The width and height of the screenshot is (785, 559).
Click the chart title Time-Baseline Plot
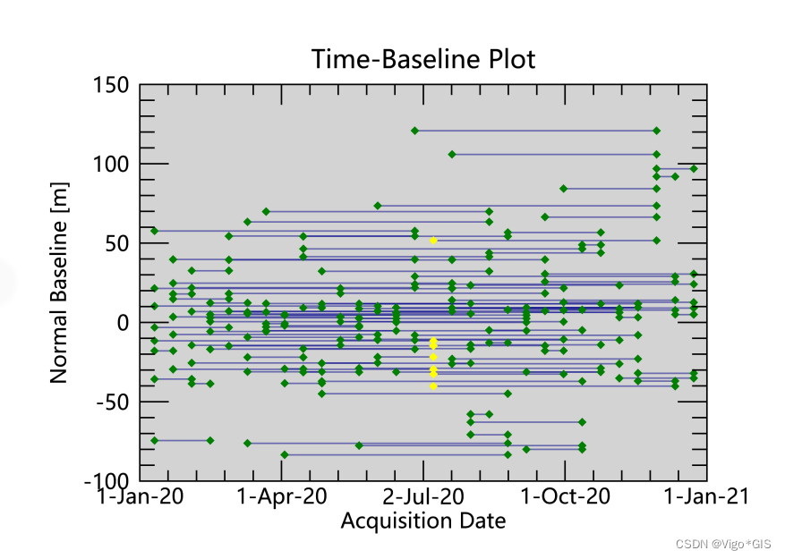click(x=423, y=60)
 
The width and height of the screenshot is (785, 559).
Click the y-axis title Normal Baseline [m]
click(x=59, y=283)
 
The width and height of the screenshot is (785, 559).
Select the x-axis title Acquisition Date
click(x=423, y=521)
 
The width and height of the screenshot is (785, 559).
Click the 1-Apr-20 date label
click(x=284, y=496)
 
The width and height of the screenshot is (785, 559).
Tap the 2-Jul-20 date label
click(x=423, y=496)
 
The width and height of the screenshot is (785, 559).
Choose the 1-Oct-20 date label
click(x=565, y=496)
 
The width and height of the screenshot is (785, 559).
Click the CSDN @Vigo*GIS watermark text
click(x=723, y=544)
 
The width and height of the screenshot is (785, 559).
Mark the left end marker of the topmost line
click(x=414, y=131)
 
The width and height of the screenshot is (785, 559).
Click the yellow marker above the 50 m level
click(x=433, y=241)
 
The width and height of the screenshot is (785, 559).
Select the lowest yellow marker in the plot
click(x=433, y=386)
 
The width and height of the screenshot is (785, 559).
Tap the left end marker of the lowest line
click(x=285, y=454)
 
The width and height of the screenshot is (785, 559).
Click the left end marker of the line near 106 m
click(x=452, y=155)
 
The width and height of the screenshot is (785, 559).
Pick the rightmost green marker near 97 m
click(x=694, y=168)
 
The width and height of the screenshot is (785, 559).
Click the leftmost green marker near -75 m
click(x=154, y=440)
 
